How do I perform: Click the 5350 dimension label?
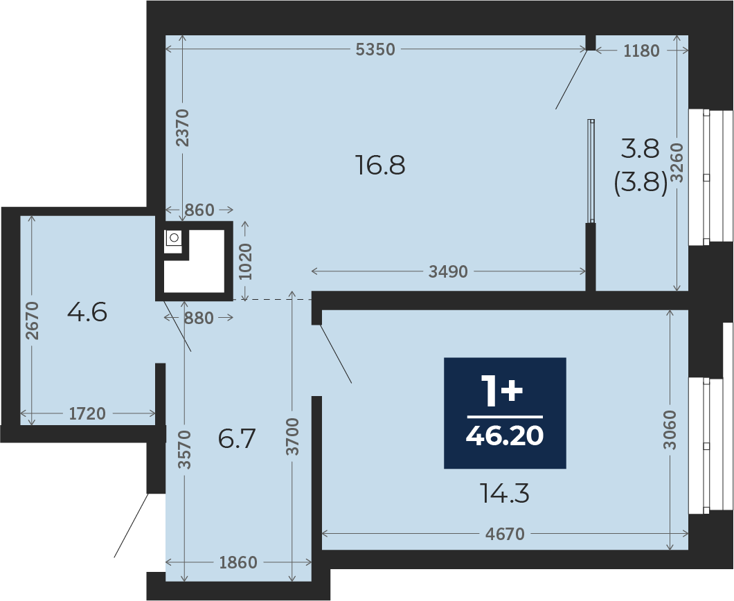pyautogui.click(x=375, y=49)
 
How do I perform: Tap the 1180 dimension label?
pyautogui.click(x=641, y=51)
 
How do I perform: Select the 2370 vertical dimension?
pyautogui.click(x=183, y=128)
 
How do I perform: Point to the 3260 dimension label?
pyautogui.click(x=677, y=163)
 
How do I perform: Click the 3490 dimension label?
pyautogui.click(x=448, y=272)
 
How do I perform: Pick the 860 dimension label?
pyautogui.click(x=199, y=210)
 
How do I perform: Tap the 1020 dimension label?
pyautogui.click(x=245, y=262)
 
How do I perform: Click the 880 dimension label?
pyautogui.click(x=199, y=319)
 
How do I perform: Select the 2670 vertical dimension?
pyautogui.click(x=32, y=321)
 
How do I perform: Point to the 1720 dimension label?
pyautogui.click(x=87, y=414)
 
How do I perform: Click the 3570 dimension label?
pyautogui.click(x=186, y=449)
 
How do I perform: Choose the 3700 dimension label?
pyautogui.click(x=293, y=436)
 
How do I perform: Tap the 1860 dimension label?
pyautogui.click(x=238, y=562)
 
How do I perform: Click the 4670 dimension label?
pyautogui.click(x=505, y=534)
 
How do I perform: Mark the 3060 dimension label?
pyautogui.click(x=670, y=430)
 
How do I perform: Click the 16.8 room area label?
pyautogui.click(x=380, y=165)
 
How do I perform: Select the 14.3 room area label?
pyautogui.click(x=505, y=494)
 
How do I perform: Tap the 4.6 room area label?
pyautogui.click(x=87, y=312)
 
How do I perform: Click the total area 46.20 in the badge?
pyautogui.click(x=505, y=436)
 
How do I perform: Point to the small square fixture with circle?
pyautogui.click(x=173, y=237)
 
